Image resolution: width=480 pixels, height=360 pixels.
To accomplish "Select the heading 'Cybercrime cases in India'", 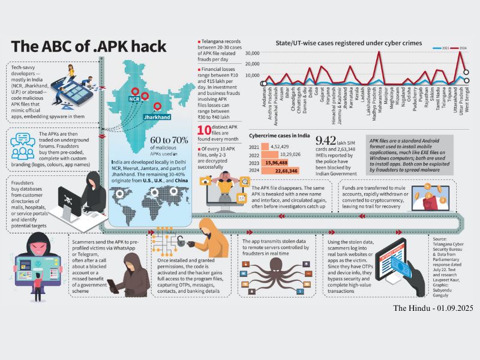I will pos(275,136).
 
